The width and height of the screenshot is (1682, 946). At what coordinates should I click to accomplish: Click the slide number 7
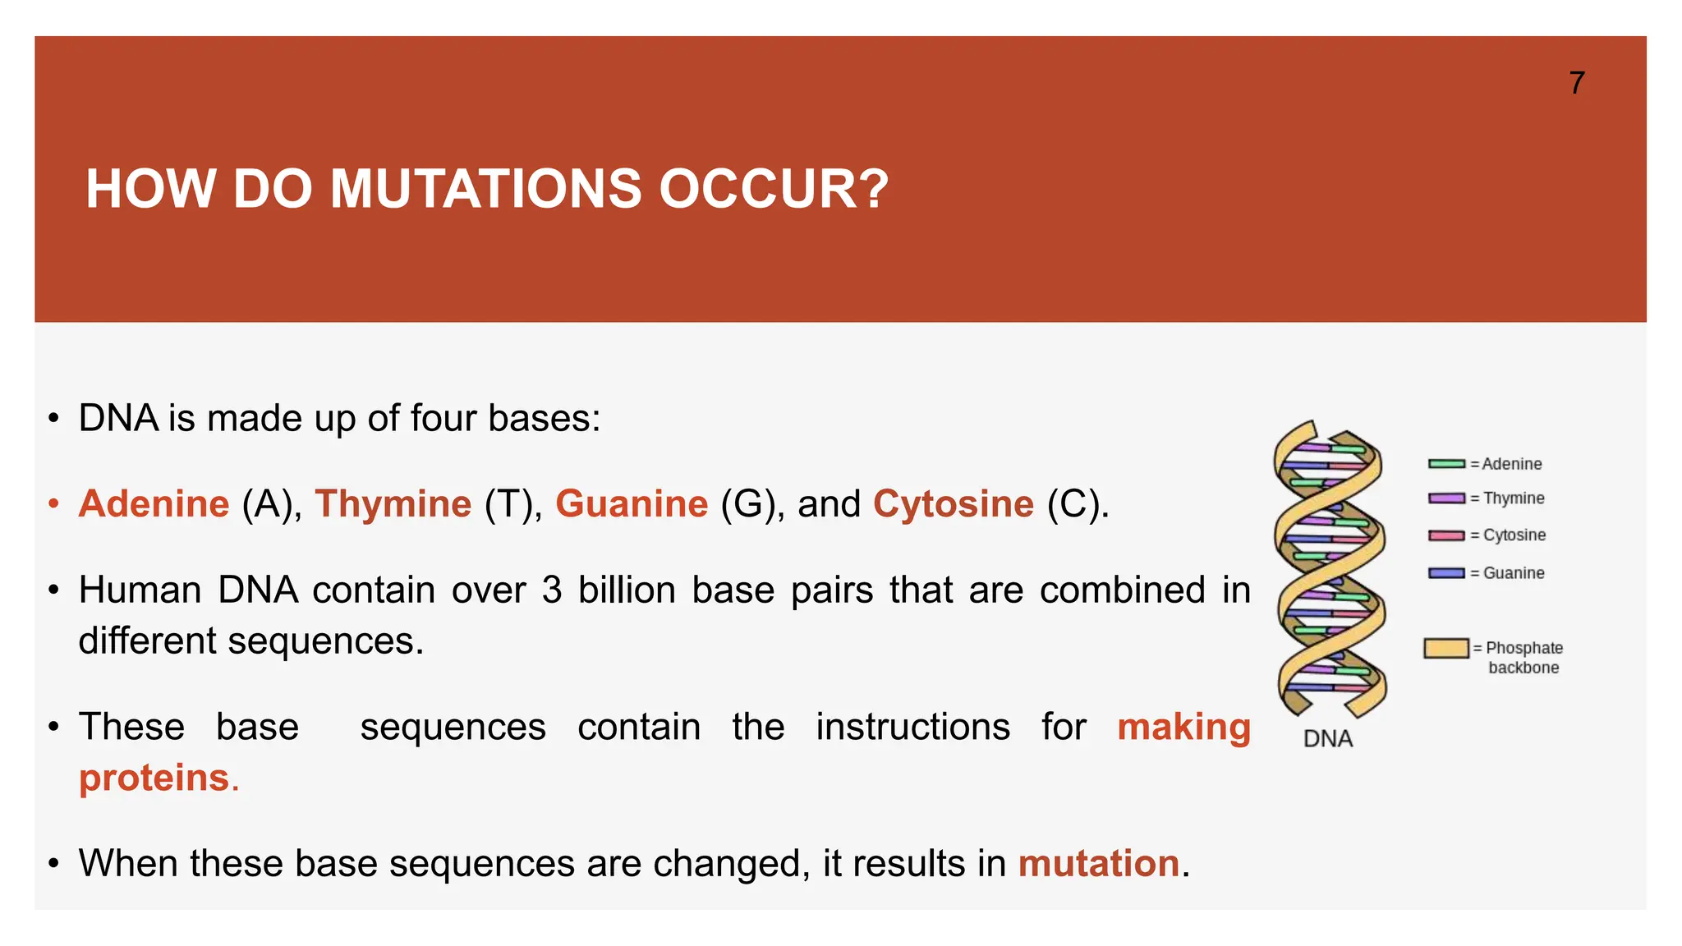[1576, 83]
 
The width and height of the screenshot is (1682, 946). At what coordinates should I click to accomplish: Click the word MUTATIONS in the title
[485, 189]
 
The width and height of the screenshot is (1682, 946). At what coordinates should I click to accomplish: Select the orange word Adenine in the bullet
[154, 503]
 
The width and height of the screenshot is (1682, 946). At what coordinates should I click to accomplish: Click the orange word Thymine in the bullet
[393, 503]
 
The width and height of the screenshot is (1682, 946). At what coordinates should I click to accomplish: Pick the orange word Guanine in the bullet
[631, 503]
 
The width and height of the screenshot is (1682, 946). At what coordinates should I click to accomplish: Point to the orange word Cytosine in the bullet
[953, 503]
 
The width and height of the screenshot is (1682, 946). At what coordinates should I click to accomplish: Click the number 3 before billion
[551, 590]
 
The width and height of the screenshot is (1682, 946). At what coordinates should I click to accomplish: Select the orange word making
[1183, 728]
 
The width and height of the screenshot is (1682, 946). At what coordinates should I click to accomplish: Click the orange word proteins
[154, 778]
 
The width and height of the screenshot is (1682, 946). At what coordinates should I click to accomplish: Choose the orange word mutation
[1098, 864]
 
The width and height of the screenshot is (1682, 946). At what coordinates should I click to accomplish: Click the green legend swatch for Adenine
[1446, 464]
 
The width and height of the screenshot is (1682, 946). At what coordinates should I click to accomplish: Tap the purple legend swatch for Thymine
[1446, 498]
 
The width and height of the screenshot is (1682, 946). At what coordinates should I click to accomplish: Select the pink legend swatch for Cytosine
[1446, 535]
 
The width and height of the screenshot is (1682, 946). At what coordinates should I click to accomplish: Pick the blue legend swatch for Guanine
[1446, 573]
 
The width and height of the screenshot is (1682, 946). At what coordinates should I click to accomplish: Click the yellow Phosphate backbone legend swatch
[1445, 648]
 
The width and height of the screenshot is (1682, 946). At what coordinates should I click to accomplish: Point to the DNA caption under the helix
[1327, 739]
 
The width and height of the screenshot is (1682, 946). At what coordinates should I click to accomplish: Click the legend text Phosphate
[1524, 648]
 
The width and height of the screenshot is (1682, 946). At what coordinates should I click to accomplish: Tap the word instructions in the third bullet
[912, 728]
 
